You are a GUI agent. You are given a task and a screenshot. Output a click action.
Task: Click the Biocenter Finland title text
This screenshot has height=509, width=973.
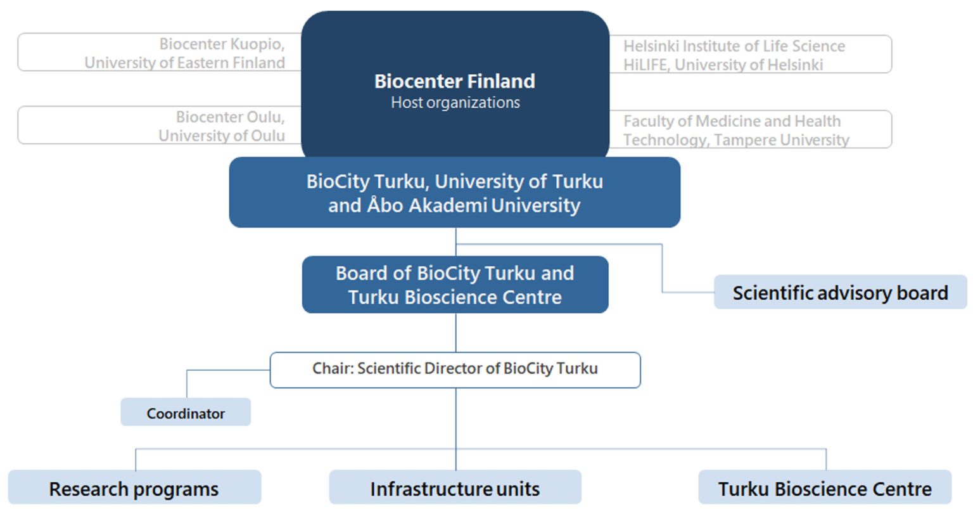455,81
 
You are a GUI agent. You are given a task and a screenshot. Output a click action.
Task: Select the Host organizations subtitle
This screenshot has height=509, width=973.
455,103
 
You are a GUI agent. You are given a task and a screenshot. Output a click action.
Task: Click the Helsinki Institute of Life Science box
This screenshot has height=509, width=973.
747,55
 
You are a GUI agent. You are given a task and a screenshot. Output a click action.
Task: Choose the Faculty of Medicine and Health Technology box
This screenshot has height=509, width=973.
747,129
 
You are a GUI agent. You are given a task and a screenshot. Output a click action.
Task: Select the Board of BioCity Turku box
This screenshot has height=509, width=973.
455,285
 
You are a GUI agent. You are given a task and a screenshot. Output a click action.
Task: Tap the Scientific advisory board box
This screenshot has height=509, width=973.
840,293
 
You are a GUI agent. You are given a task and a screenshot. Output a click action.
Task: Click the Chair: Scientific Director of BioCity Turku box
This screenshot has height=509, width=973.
455,369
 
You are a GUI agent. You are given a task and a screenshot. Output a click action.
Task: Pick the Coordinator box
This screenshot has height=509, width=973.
186,413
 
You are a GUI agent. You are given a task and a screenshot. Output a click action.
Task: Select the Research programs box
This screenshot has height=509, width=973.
134,489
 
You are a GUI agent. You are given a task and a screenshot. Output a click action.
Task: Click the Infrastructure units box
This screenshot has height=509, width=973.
455,489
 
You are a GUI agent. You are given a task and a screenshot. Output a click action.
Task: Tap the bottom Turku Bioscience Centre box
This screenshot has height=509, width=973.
825,489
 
